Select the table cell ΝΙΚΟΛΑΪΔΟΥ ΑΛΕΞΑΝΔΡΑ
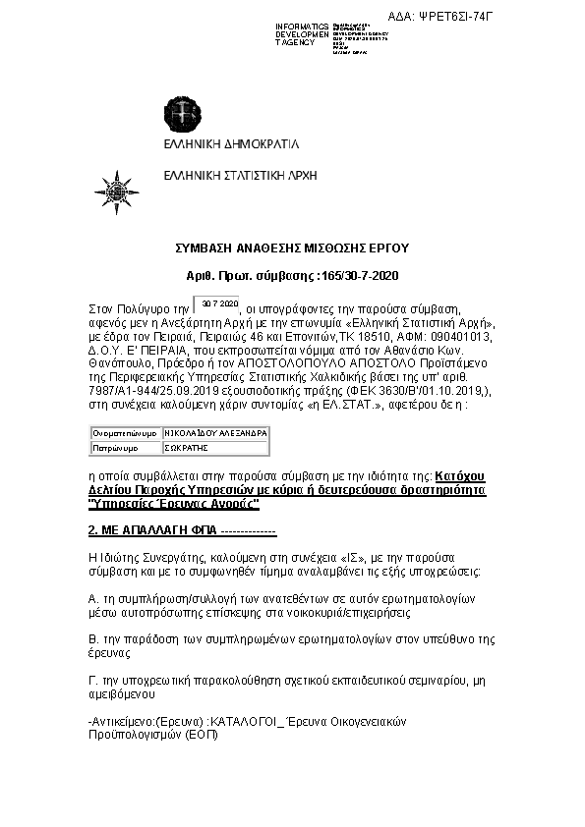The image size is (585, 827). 214,432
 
